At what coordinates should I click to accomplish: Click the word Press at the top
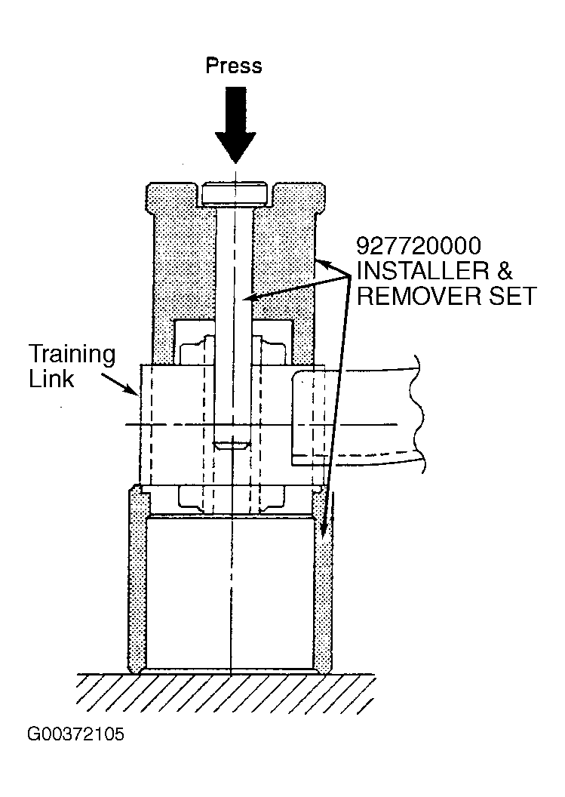pyautogui.click(x=234, y=66)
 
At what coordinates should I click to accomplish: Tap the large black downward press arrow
pyautogui.click(x=235, y=125)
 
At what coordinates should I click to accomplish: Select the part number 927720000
pyautogui.click(x=419, y=246)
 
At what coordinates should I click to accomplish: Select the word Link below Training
pyautogui.click(x=51, y=379)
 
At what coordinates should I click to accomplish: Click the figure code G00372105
pyautogui.click(x=75, y=734)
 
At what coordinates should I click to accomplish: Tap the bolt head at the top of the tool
pyautogui.click(x=235, y=194)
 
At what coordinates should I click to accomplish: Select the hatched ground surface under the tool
pyautogui.click(x=227, y=694)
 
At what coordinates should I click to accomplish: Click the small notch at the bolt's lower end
pyautogui.click(x=232, y=446)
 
